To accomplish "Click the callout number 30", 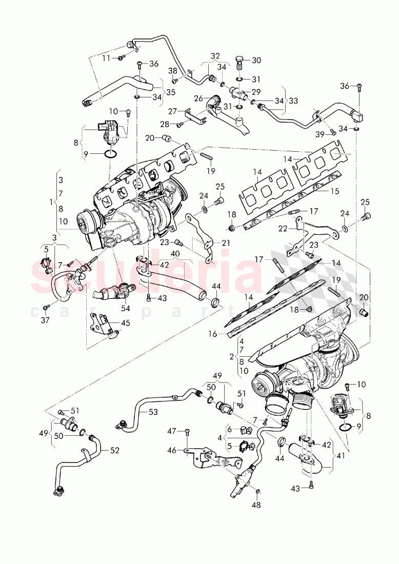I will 256,60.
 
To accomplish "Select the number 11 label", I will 106,58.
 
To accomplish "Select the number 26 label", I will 198,98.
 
